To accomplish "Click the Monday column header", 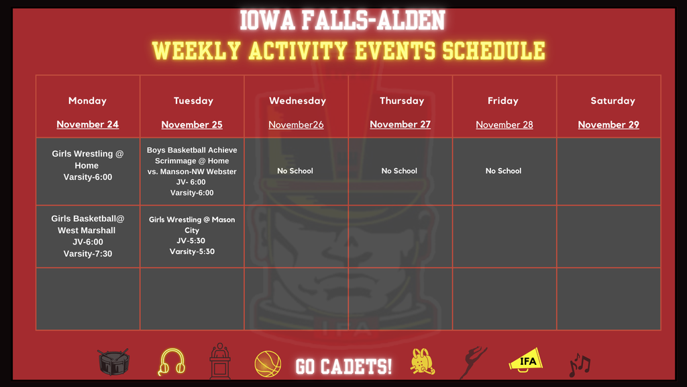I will (x=87, y=101).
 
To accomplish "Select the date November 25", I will (x=192, y=124).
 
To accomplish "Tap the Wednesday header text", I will (x=297, y=101).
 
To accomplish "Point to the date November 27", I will (x=400, y=124).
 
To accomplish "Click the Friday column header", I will (x=503, y=101).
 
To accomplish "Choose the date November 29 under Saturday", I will (x=609, y=124).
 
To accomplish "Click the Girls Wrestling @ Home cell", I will (x=87, y=165).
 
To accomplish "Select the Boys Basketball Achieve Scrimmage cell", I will (x=192, y=171).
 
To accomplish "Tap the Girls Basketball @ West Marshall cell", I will (x=87, y=236).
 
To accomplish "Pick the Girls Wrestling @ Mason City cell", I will (x=192, y=235).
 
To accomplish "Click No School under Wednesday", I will (x=295, y=171).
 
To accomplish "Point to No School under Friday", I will (x=503, y=171).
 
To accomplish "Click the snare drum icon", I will (x=113, y=363).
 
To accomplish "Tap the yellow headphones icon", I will (x=171, y=362).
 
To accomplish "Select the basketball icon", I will (x=267, y=364).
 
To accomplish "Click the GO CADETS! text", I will (x=344, y=366).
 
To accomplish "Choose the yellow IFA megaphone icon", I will (x=526, y=360).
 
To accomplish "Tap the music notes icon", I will (x=580, y=365).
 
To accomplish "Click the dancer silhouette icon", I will (x=473, y=363).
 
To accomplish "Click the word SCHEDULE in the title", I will (x=492, y=50).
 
